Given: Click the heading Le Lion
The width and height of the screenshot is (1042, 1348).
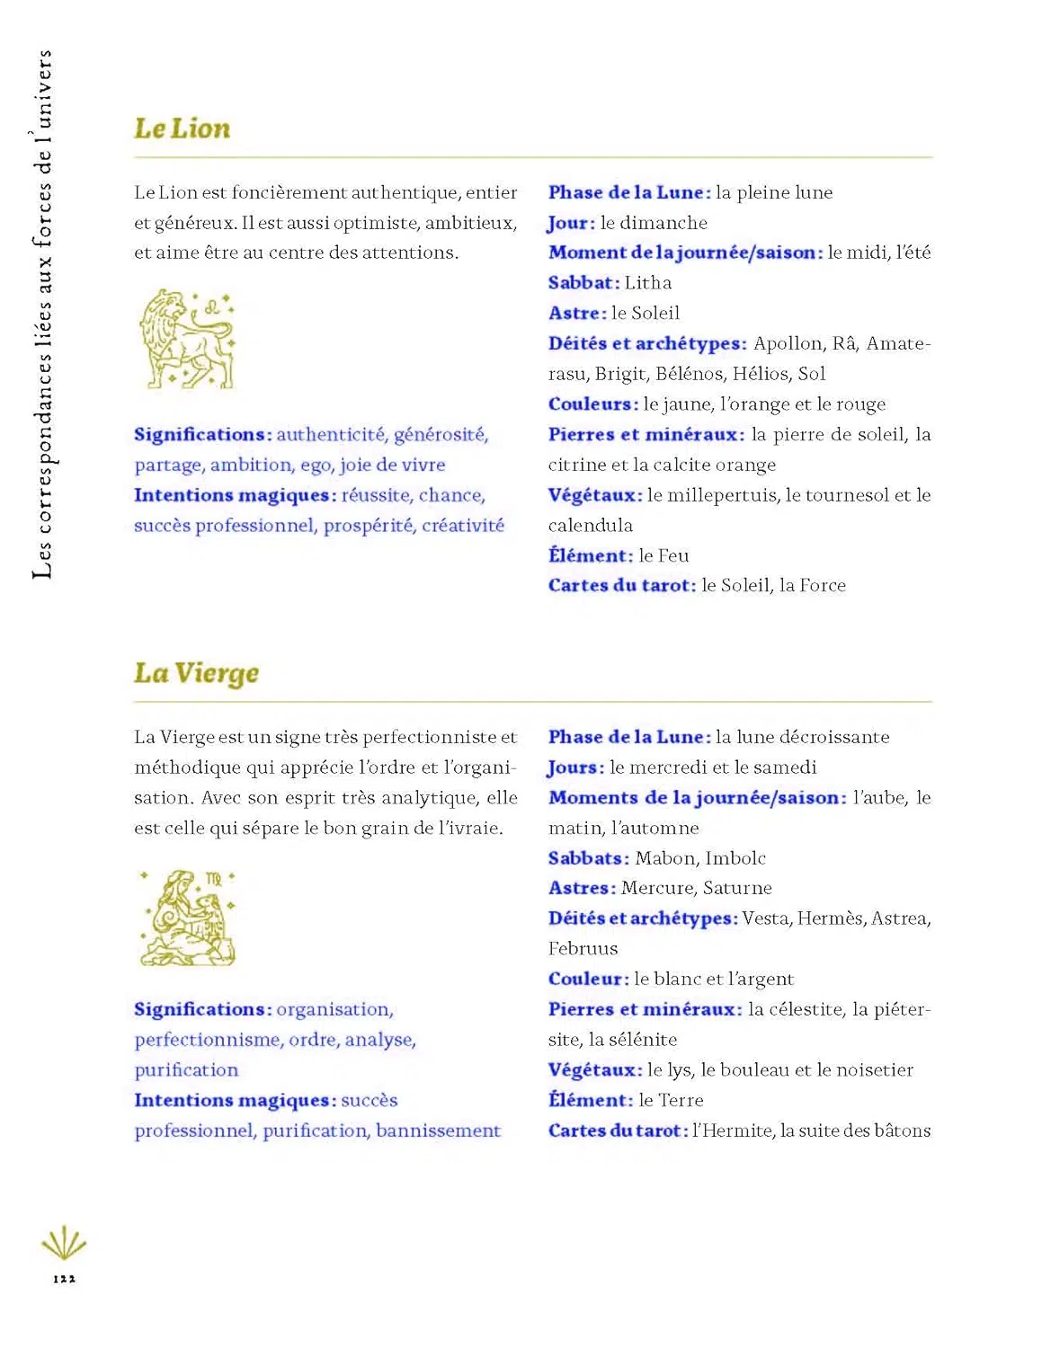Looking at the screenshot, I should point(182,129).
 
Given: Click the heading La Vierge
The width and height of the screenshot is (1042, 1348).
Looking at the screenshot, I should point(196,673).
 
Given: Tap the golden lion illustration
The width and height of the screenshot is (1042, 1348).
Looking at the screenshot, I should point(186,339).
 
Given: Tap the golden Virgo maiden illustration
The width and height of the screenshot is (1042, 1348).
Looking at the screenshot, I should point(188,918).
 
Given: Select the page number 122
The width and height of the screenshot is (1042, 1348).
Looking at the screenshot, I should point(64,1278).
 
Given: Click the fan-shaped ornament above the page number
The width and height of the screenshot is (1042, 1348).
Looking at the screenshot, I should point(64,1244).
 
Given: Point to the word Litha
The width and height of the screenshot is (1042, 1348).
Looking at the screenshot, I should point(648,283).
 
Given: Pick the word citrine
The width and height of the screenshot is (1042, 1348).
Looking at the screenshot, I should point(575,465).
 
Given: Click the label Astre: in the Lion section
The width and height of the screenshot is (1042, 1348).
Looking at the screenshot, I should point(577,313).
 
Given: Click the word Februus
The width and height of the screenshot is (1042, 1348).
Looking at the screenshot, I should point(583,948).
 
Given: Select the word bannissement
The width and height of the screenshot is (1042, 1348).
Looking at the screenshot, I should point(438,1131).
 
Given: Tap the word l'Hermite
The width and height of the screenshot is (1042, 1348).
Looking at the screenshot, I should point(733,1131).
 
